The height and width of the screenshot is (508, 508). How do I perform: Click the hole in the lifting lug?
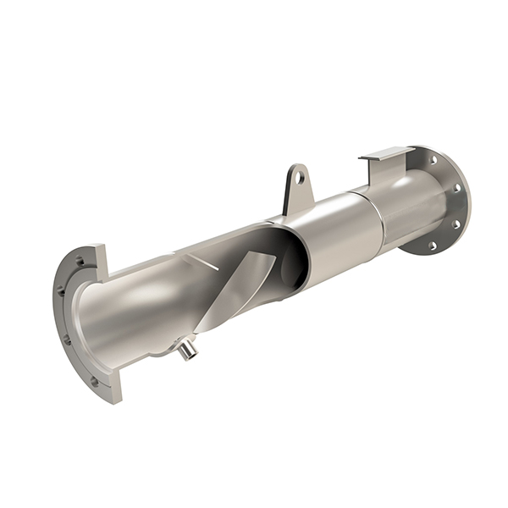tap(299, 179)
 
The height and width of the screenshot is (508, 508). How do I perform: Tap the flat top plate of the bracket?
tap(386, 154)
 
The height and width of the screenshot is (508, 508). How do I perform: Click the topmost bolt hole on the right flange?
tap(437, 158)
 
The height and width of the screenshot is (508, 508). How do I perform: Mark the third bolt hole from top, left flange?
tap(67, 340)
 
